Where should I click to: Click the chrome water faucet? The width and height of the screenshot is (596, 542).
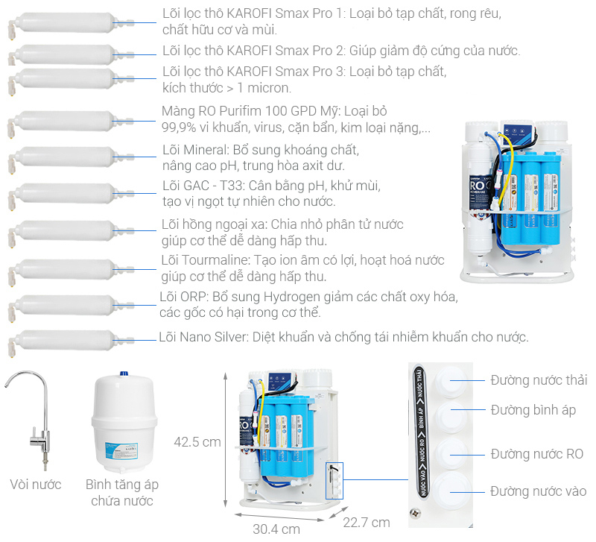click(x=34, y=417)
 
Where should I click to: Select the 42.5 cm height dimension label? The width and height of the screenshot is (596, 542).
click(x=197, y=442)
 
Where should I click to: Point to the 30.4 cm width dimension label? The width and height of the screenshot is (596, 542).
click(x=276, y=529)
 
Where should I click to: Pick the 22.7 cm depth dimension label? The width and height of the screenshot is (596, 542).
click(x=366, y=522)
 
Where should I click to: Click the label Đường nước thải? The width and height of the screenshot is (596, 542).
click(x=539, y=380)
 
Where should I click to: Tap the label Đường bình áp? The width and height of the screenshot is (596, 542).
click(x=533, y=410)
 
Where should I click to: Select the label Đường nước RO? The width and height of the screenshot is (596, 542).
click(x=536, y=454)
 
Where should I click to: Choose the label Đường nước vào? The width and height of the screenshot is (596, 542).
click(x=538, y=491)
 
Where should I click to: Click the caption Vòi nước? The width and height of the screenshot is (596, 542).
click(x=36, y=485)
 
